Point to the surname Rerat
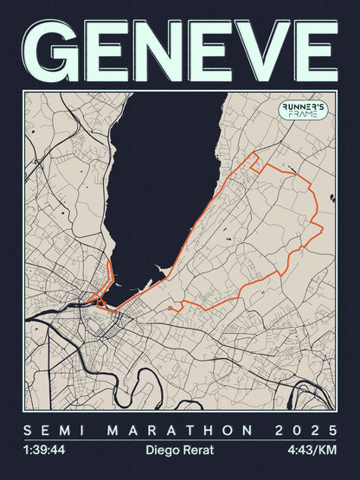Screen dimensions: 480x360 click(x=198, y=450)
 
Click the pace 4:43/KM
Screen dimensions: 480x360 click(x=314, y=450)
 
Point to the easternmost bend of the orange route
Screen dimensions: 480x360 click(x=322, y=227)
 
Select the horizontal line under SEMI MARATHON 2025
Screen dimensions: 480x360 click(x=180, y=441)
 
